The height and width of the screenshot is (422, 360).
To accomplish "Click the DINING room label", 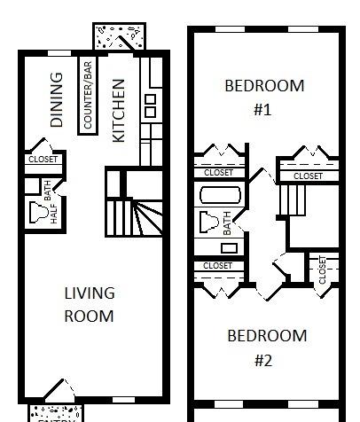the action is [x=57, y=100].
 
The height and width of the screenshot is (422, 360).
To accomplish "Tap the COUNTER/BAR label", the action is [x=88, y=95].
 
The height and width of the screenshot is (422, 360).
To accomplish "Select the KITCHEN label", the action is [x=119, y=111].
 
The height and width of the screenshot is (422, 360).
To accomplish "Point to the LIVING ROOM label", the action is [x=90, y=305].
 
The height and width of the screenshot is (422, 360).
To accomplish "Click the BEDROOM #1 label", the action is [x=264, y=98].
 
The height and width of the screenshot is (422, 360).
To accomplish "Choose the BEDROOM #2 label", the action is [x=267, y=348].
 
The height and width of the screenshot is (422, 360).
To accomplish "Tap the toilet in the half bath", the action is [x=38, y=212].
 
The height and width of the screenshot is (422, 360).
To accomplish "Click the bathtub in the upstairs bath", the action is [x=220, y=195].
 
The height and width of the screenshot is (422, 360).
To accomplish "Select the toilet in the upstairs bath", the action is [x=209, y=222].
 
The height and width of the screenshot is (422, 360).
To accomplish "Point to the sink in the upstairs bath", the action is [x=229, y=248].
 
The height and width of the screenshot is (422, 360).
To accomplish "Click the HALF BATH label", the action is [x=51, y=202].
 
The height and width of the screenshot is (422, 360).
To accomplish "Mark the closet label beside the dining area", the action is [x=43, y=160].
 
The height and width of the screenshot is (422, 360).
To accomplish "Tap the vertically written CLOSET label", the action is [x=322, y=270].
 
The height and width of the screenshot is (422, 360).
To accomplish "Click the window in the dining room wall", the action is [x=59, y=53].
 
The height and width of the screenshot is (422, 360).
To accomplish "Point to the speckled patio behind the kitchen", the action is [x=119, y=36].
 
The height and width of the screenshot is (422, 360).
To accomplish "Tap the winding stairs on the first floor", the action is [x=134, y=218].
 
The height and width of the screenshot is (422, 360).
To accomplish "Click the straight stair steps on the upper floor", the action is [x=293, y=200].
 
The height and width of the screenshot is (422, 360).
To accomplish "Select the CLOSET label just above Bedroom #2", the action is [x=217, y=266].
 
